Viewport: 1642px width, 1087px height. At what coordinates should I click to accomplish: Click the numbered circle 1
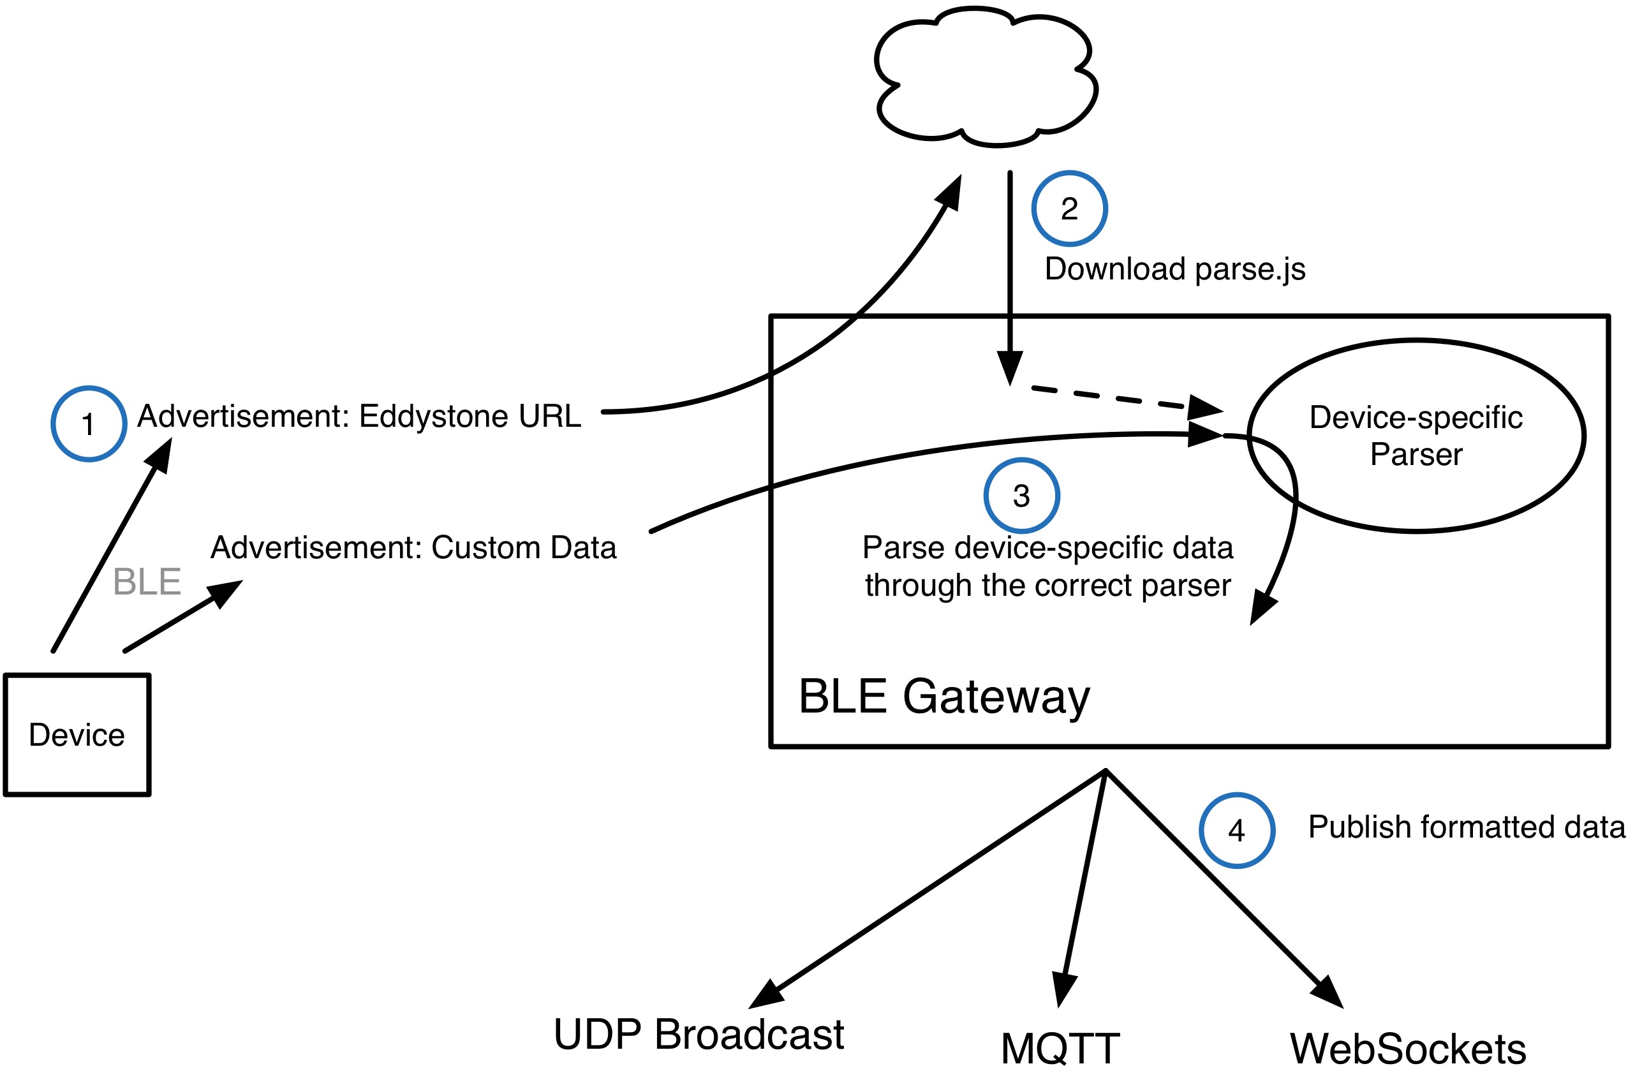89,424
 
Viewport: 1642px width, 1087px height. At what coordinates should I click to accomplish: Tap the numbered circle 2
1070,209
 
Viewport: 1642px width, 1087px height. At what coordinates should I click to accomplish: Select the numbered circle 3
1022,496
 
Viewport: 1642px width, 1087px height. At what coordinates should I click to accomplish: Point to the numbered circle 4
1237,831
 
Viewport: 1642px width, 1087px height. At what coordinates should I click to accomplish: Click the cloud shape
986,77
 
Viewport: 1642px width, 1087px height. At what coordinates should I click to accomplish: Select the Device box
77,735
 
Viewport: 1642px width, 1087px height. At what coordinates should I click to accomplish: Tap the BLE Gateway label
944,697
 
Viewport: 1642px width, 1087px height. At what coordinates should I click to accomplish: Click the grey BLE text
147,581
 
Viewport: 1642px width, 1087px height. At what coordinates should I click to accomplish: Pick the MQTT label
1060,1048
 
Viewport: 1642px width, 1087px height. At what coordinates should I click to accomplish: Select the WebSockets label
1408,1048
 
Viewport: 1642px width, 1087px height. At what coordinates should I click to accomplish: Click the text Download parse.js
1175,269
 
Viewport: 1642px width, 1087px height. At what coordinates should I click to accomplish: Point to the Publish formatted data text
1467,826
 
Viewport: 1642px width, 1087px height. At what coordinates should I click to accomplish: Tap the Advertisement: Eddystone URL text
359,416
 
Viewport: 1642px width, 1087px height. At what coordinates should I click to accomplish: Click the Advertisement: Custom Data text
413,548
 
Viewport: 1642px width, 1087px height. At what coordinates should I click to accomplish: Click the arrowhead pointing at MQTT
1064,989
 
